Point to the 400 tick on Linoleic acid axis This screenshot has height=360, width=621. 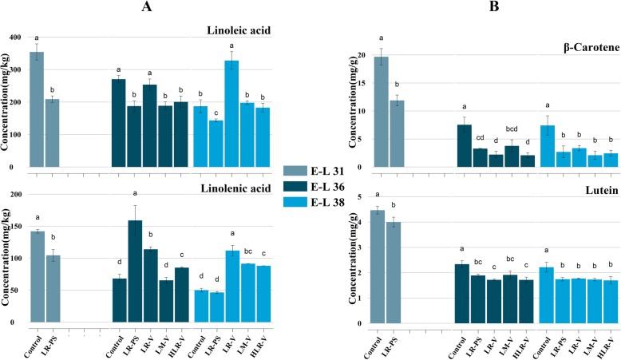pyautogui.click(x=17, y=38)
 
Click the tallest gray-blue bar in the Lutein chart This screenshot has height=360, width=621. pyautogui.click(x=382, y=267)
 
